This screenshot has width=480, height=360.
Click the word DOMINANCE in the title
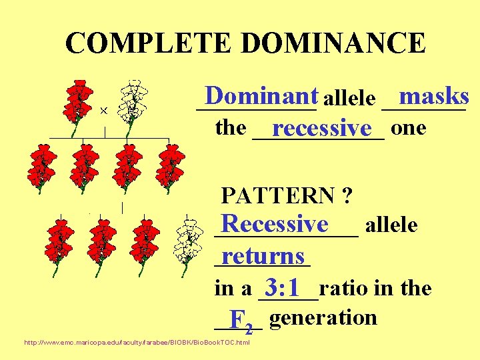tap(333, 43)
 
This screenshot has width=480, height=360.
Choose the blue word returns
tap(263, 256)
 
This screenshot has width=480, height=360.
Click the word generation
tap(324, 317)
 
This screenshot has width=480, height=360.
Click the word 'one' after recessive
tap(409, 127)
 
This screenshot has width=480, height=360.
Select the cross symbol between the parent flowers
tap(105, 110)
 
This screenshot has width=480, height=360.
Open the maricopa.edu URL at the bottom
tap(137, 343)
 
